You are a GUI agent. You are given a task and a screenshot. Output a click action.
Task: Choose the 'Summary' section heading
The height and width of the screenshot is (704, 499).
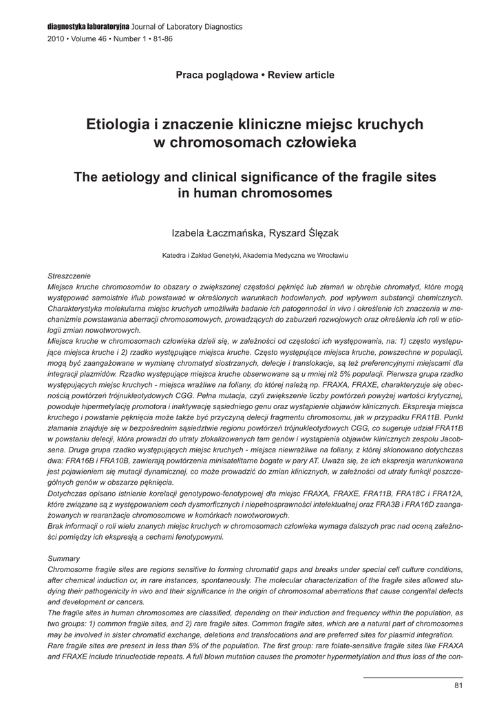click(x=63, y=558)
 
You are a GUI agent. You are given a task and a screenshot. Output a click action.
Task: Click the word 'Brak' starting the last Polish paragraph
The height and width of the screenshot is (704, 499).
click(x=56, y=526)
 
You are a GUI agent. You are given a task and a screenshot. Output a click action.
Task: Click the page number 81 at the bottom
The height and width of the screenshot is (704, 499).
click(x=459, y=685)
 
